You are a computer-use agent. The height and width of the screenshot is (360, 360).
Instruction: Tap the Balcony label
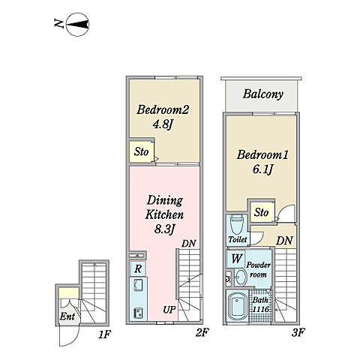[x=263, y=94]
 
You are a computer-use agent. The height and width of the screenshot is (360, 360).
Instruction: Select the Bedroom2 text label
[x=163, y=109]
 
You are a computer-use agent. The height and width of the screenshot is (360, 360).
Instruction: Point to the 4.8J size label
[x=163, y=124]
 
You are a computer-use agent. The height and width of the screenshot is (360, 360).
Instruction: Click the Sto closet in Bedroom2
[x=141, y=151]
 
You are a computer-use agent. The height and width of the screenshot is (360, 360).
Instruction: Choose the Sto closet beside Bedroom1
[x=262, y=212]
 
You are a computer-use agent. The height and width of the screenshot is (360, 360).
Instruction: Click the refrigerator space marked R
[x=138, y=268]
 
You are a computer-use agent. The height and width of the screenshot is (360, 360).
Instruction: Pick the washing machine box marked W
[x=236, y=259]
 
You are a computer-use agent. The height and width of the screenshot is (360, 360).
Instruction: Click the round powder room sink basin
[x=241, y=277]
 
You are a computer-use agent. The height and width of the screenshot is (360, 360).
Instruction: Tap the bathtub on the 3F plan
[x=237, y=306]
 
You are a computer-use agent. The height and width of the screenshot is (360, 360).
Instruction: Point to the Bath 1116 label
[x=260, y=304]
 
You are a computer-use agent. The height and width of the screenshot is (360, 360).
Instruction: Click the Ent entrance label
[x=67, y=316]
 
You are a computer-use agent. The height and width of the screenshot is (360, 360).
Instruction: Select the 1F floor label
[x=104, y=334]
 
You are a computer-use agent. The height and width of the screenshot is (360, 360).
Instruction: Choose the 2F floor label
[x=202, y=332]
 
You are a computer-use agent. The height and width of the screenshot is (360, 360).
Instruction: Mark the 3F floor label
[x=298, y=332]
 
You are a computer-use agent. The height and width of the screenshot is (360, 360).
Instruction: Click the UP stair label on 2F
[x=169, y=310]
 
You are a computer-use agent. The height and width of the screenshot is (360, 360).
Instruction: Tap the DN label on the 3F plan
[x=284, y=241]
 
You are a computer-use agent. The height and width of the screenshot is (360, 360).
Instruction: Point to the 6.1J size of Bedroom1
[x=262, y=169]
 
